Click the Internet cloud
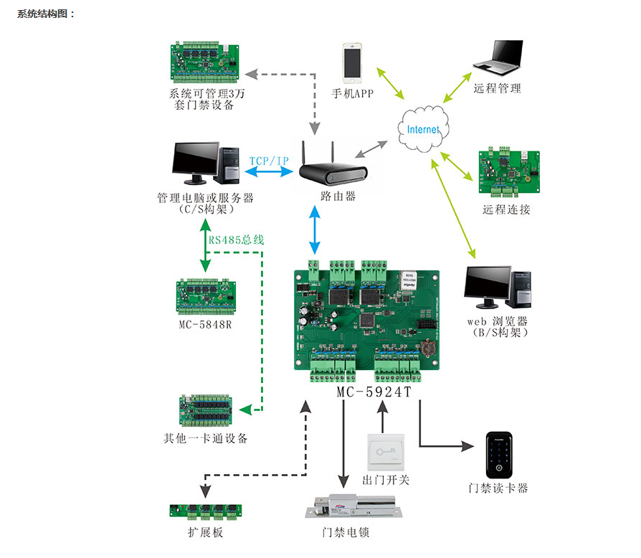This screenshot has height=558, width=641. tap(422, 129)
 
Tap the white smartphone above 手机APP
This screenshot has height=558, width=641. tap(352, 63)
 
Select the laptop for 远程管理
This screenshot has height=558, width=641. tap(497, 58)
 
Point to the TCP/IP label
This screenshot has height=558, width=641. tap(270, 161)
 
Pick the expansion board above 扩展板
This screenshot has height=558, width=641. tap(206, 511)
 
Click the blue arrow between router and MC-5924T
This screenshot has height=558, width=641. tap(314, 230)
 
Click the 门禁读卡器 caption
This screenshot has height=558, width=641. tap(498, 488)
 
